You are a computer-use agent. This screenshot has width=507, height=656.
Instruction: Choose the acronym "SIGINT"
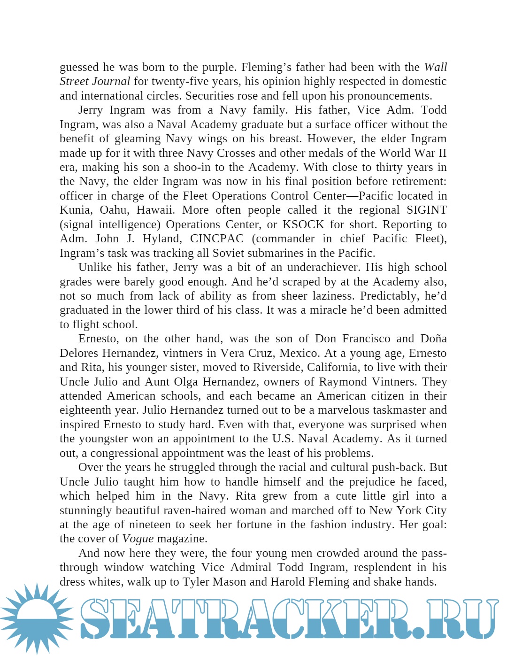click(426, 210)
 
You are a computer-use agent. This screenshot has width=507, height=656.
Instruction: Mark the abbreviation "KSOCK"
click(303, 224)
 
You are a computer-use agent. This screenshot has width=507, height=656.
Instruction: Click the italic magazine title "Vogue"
click(138, 539)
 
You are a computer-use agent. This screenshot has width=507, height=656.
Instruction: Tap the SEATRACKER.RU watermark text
click(288, 619)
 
